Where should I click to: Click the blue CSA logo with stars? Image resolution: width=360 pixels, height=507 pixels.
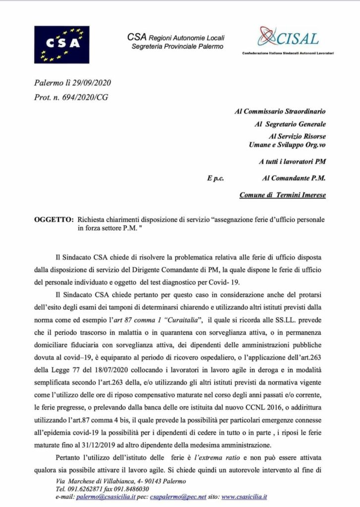pyautogui.click(x=62, y=44)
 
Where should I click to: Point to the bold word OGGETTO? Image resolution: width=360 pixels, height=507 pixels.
pyautogui.click(x=53, y=218)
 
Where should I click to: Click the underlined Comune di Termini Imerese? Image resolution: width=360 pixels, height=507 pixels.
pyautogui.click(x=282, y=195)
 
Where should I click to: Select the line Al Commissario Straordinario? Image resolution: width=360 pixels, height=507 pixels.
pyautogui.click(x=280, y=111)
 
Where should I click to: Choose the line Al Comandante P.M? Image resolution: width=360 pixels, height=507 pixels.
pyautogui.click(x=294, y=178)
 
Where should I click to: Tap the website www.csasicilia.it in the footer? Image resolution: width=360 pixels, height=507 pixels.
pyautogui.click(x=244, y=496)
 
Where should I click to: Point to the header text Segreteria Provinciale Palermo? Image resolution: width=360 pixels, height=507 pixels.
pyautogui.click(x=177, y=46)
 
